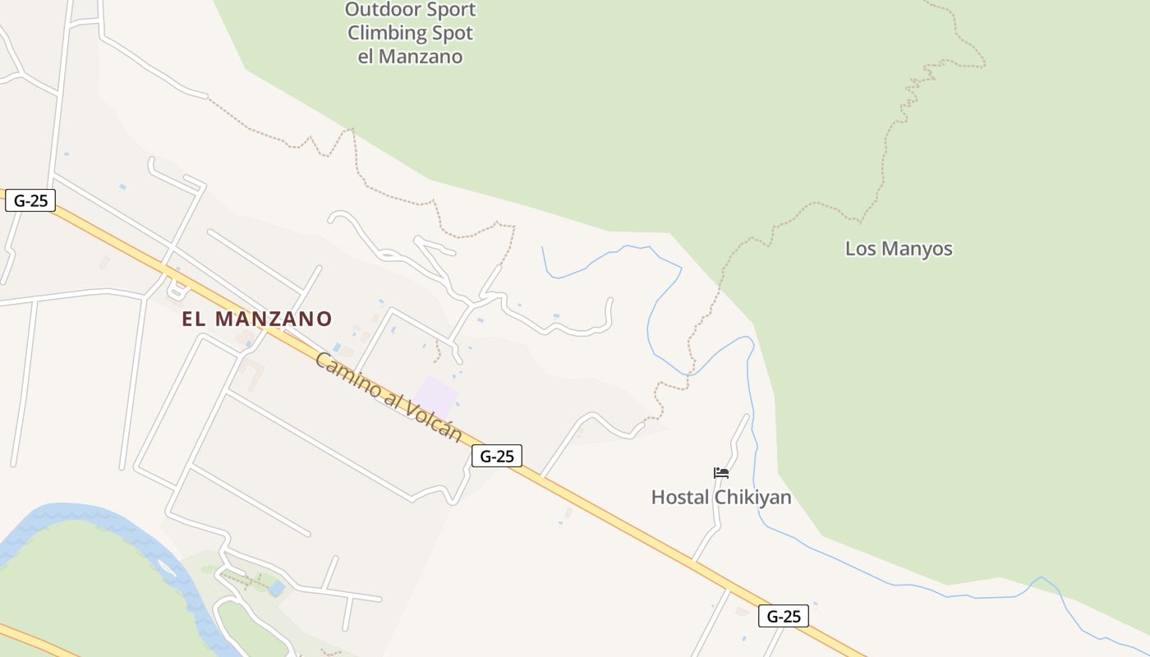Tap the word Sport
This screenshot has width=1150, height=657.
point(449,10)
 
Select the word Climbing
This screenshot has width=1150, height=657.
point(386,34)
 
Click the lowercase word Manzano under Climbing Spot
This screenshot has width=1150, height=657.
point(422,57)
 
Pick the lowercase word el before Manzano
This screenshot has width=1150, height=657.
point(367,57)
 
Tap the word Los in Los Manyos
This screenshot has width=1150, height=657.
point(861,249)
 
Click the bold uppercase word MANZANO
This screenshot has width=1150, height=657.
point(274,319)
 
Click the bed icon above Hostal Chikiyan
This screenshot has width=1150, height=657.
point(721,472)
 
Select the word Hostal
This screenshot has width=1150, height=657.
point(680,498)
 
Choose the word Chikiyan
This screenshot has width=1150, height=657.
point(753,498)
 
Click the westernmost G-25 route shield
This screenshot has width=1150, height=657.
point(30,200)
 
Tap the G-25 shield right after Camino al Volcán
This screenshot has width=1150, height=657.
point(497,456)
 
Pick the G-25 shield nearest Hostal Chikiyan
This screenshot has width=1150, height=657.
point(784,616)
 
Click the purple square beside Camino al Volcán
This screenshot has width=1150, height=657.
point(435,397)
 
